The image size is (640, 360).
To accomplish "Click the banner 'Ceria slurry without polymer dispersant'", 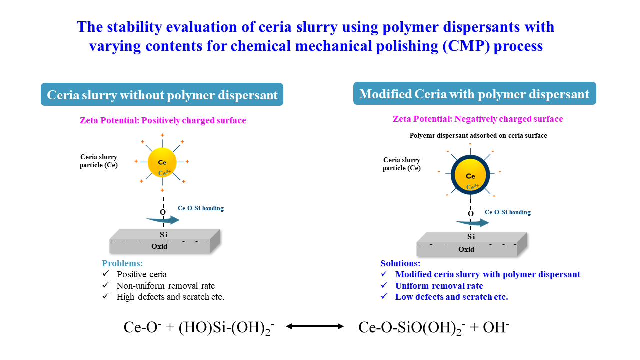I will [162, 95].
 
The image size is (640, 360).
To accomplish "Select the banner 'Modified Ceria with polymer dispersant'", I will [474, 94].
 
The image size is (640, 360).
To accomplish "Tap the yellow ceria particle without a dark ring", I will [162, 162].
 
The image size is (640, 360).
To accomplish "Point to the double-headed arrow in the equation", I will [315, 326].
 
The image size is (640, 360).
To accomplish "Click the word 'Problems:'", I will [122, 263].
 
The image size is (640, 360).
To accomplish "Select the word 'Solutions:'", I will [400, 263].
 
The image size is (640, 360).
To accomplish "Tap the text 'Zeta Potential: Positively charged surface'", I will [163, 120].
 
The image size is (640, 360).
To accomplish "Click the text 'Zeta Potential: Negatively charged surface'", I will [478, 119].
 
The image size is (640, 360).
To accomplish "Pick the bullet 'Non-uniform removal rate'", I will [165, 286].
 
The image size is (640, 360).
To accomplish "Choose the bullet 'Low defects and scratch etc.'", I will [451, 297].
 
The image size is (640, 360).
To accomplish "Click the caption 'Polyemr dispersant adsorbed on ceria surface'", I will [478, 135].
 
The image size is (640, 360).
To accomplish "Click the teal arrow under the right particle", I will [472, 223].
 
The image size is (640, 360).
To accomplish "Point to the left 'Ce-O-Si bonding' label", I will [201, 208].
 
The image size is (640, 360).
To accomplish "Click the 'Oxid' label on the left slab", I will [159, 246].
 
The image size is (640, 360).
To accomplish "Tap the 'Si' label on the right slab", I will [471, 237].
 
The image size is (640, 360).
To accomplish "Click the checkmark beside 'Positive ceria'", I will [105, 274].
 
